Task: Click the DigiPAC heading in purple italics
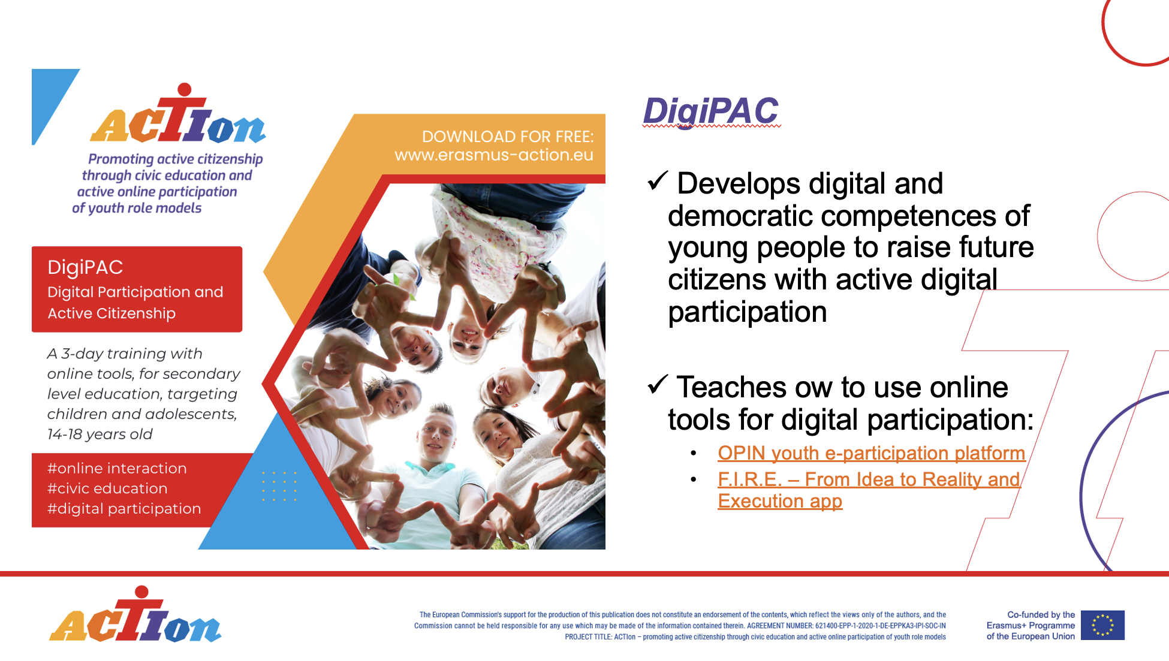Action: coord(711,112)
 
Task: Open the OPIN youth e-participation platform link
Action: coord(871,453)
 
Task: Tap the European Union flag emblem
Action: coord(1102,625)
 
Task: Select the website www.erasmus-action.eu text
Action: coord(494,155)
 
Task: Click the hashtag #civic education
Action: coord(107,488)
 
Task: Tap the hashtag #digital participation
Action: coord(124,509)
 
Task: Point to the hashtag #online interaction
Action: coord(117,468)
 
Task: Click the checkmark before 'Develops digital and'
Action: coord(658,180)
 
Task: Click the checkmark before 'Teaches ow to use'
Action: coord(658,384)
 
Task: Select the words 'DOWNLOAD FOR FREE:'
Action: coord(508,137)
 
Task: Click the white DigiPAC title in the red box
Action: coord(85,267)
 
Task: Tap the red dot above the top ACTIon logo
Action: coord(185,90)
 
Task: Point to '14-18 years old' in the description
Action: coord(100,434)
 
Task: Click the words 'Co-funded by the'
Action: coord(1041,615)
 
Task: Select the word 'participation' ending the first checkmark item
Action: coord(748,312)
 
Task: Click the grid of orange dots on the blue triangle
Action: coord(279,486)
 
